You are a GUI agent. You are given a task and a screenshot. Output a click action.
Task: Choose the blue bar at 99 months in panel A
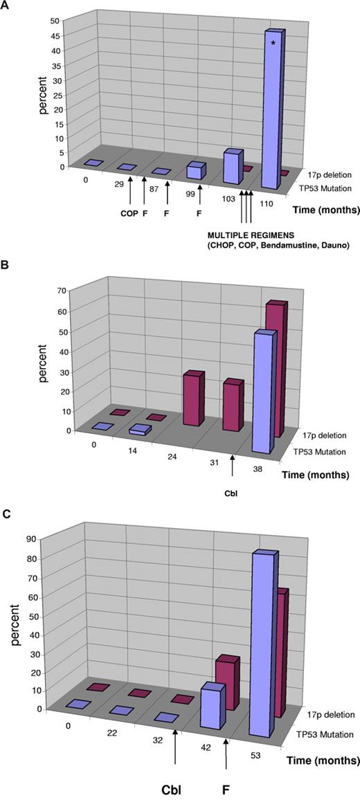[197, 170]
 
